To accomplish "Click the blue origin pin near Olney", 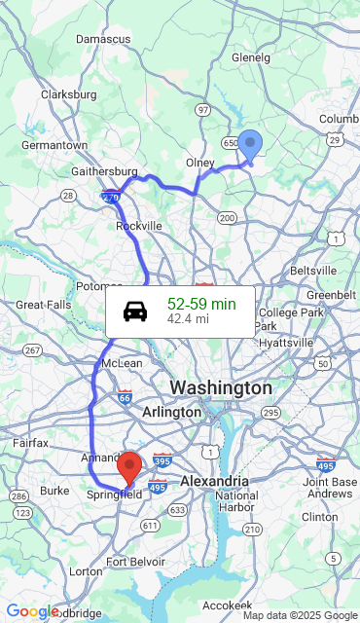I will click(x=250, y=146).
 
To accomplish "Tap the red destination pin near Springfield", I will click(x=129, y=467).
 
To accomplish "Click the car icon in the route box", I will click(x=135, y=311).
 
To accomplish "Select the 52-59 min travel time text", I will click(x=201, y=304).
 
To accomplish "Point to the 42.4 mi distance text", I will click(x=188, y=318).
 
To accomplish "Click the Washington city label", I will click(x=221, y=387).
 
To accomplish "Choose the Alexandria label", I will click(x=214, y=481).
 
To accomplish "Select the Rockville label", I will click(x=139, y=225).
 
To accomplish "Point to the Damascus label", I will click(x=103, y=39).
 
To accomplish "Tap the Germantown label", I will click(x=54, y=145).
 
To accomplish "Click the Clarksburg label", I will click(x=68, y=94).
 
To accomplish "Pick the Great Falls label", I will click(x=44, y=305).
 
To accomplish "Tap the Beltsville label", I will click(x=313, y=270).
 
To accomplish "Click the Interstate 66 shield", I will click(x=124, y=397).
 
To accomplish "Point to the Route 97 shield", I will click(x=202, y=109).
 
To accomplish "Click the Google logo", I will click(x=32, y=611).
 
